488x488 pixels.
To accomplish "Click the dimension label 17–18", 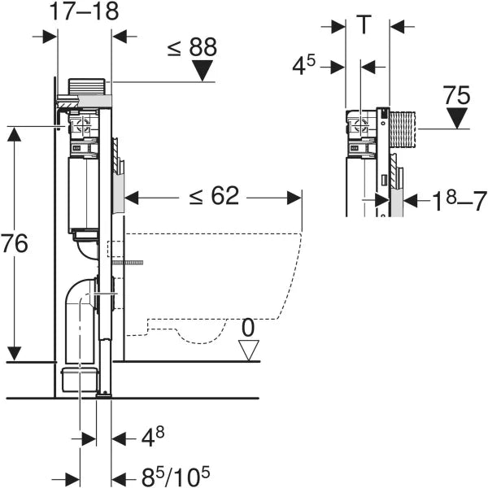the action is click(x=84, y=11).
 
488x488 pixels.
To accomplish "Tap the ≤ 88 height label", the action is click(x=192, y=47).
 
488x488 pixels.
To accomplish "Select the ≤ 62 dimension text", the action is click(x=214, y=196).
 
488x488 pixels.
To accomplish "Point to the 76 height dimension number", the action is click(x=15, y=243).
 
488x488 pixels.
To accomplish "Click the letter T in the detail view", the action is click(x=364, y=24).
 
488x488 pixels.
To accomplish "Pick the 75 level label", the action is click(x=456, y=95).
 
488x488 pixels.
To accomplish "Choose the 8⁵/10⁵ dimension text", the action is click(x=176, y=476).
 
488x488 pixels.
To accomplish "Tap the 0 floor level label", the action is click(x=248, y=328).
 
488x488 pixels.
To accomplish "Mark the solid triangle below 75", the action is click(x=457, y=118).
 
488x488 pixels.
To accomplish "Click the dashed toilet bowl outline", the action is click(x=213, y=288).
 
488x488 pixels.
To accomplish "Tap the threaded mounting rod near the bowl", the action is click(x=128, y=263).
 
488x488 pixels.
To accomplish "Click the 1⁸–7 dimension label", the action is click(x=460, y=202).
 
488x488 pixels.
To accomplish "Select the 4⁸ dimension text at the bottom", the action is click(x=153, y=438).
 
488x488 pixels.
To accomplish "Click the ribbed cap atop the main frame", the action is click(x=86, y=86).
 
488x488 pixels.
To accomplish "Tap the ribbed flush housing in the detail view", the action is click(x=403, y=129).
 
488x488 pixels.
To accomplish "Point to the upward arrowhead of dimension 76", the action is click(x=15, y=134).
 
